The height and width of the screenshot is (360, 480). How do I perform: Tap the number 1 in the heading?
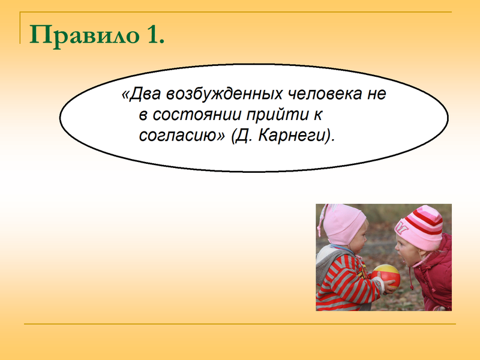tap(155, 35)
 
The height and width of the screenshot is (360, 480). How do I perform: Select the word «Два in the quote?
tap(141, 94)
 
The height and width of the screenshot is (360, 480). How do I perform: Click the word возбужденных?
tap(224, 94)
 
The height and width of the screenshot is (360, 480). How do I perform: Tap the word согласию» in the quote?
tap(182, 136)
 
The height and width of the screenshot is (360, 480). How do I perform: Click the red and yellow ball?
tap(386, 277)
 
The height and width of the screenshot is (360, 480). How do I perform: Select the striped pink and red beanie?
tap(420, 227)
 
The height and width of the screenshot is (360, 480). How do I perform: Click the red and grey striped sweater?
tap(346, 281)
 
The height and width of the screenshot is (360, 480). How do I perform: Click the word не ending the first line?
tap(377, 94)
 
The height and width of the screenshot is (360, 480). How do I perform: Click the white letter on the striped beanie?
tap(402, 229)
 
